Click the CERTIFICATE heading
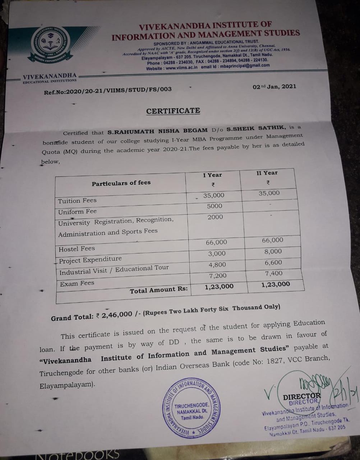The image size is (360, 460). click(x=173, y=111)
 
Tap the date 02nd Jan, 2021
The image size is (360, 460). click(x=274, y=87)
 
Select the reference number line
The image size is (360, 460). click(x=108, y=91)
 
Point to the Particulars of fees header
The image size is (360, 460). click(x=121, y=183)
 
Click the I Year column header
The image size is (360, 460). click(x=212, y=175)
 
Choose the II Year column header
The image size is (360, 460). click(x=267, y=173)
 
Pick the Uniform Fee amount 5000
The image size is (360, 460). click(x=214, y=206)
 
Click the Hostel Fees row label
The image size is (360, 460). click(x=77, y=249)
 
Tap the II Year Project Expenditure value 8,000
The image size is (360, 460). click(x=273, y=252)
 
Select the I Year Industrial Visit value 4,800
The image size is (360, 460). click(x=217, y=265)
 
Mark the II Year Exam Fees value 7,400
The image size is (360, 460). click(x=273, y=273)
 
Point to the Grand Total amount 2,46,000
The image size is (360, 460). click(x=117, y=315)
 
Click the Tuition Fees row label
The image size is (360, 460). click(x=77, y=201)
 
